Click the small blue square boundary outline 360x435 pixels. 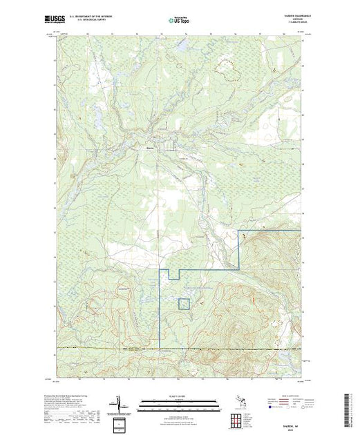tap(184, 304)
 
